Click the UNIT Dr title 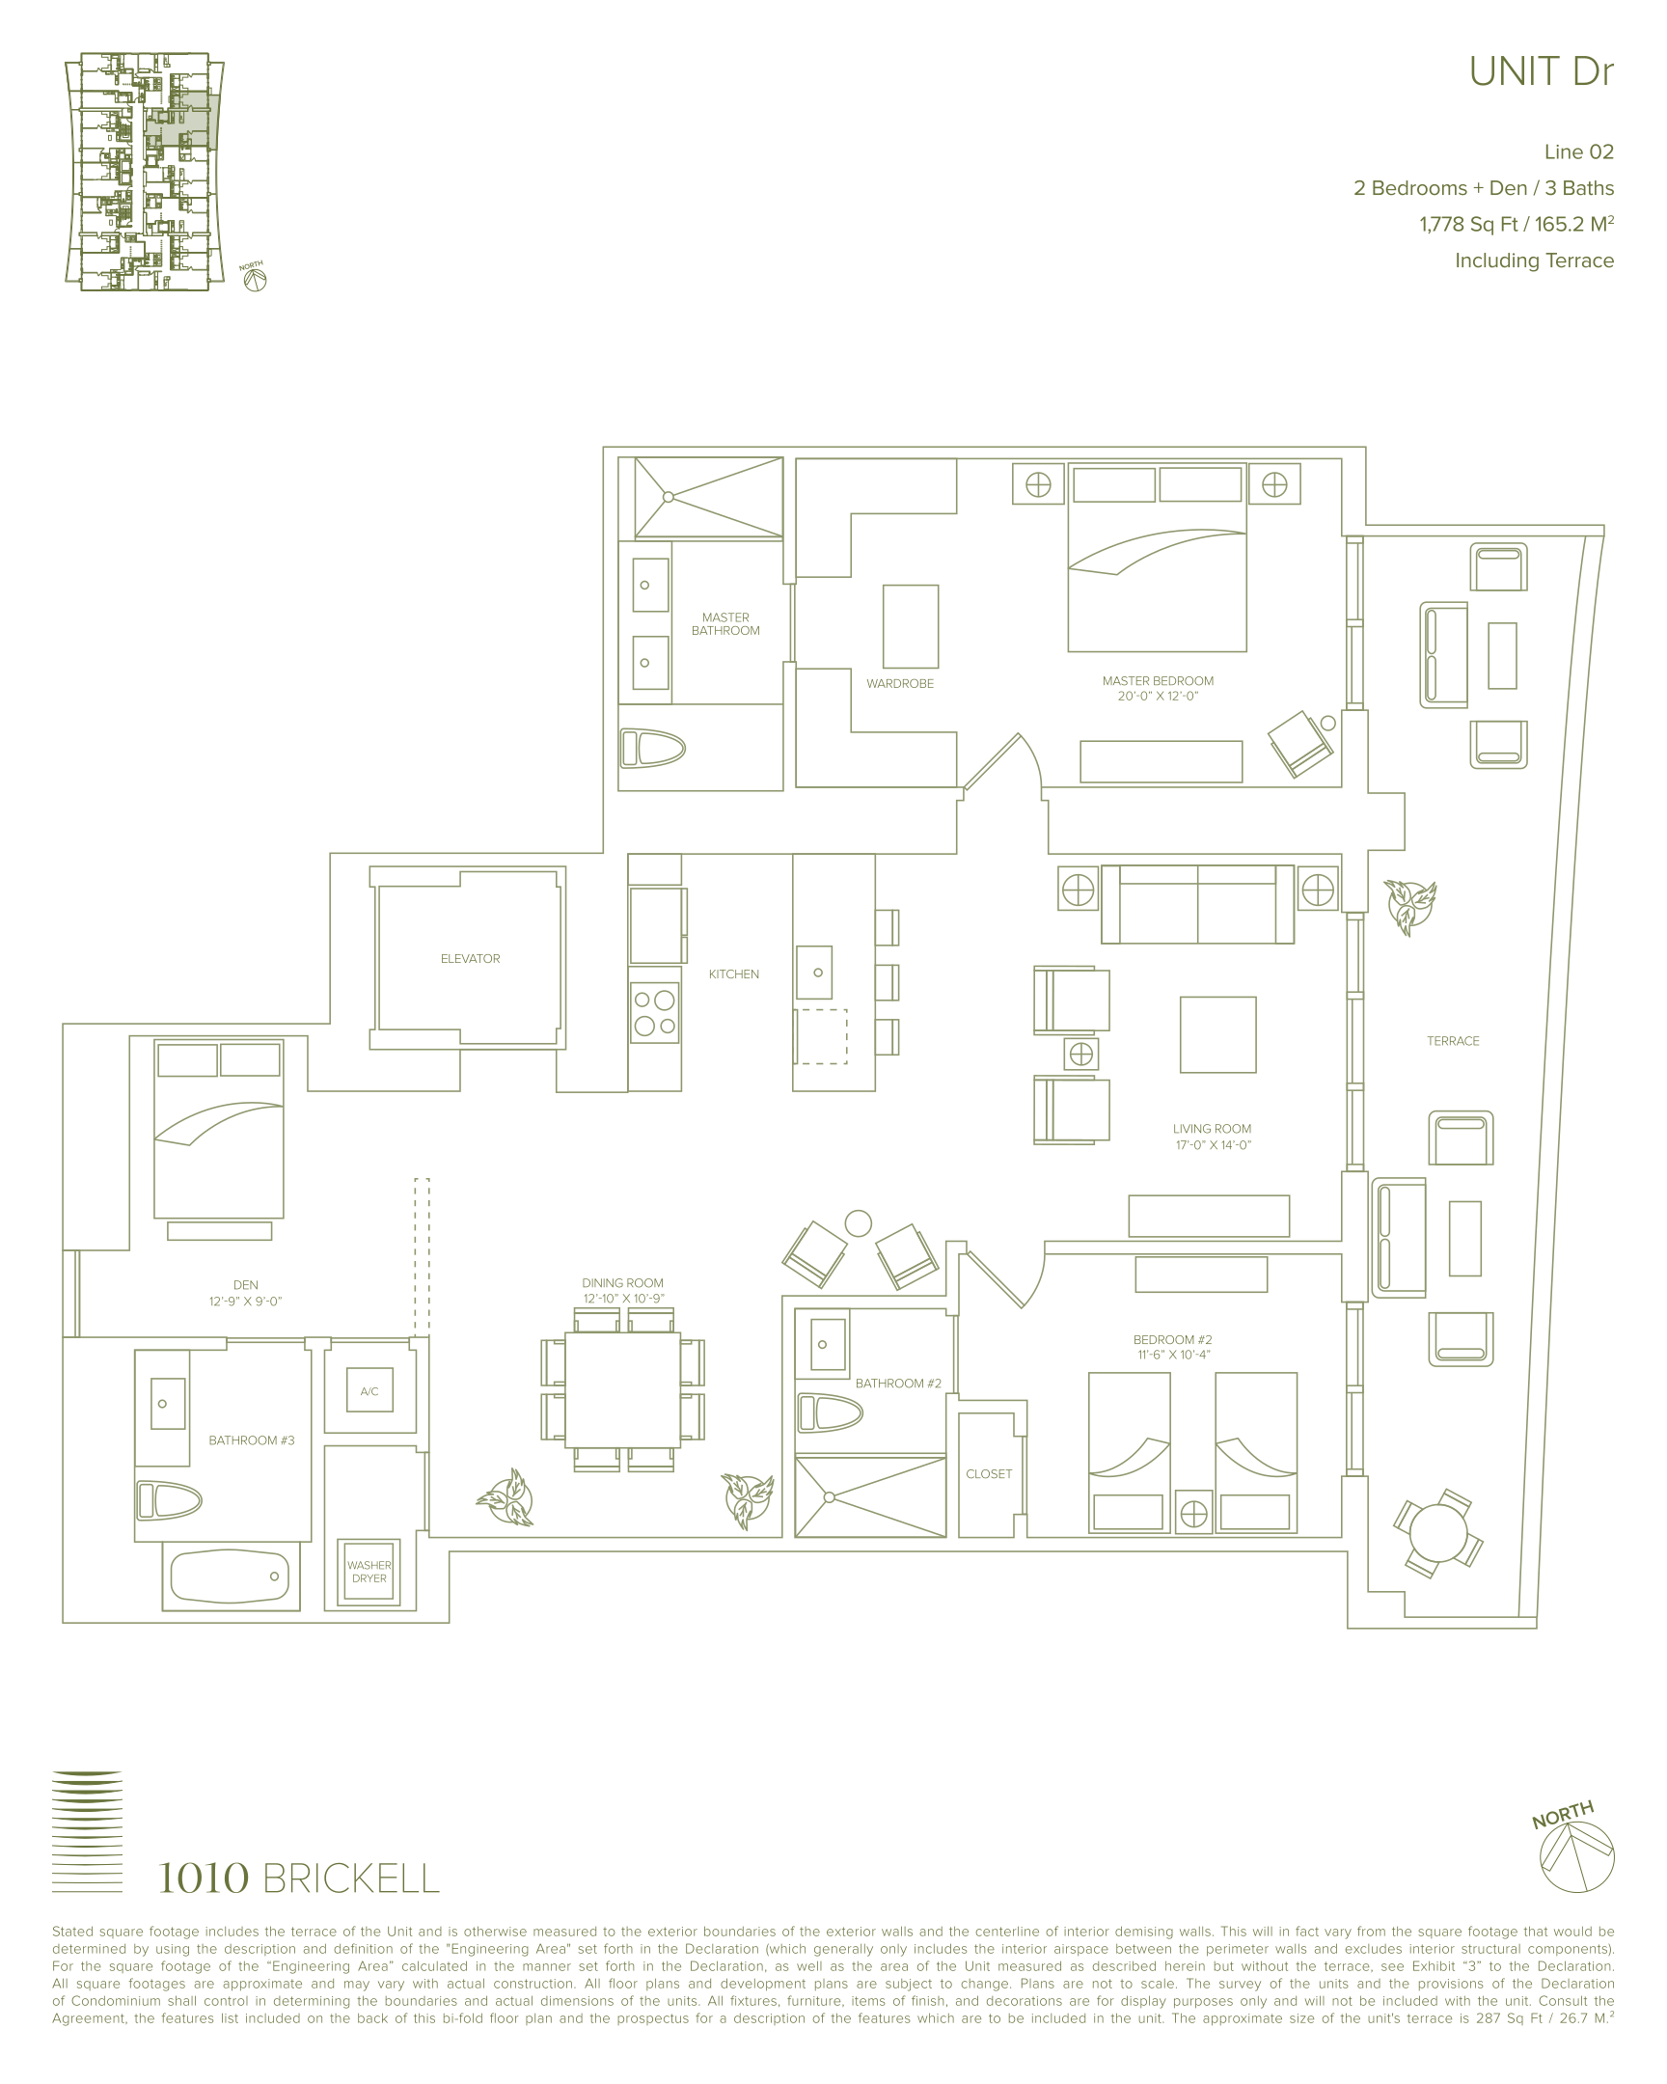(x=1541, y=72)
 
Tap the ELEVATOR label (x=470, y=959)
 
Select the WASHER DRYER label (x=369, y=1572)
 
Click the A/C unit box (x=369, y=1391)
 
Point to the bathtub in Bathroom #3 (x=230, y=1576)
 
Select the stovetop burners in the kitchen (x=654, y=1012)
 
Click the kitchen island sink (x=814, y=973)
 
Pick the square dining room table (x=622, y=1390)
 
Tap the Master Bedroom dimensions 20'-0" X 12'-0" (x=1158, y=696)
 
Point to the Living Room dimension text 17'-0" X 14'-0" (x=1212, y=1144)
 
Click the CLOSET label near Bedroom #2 (x=989, y=1474)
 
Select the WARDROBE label (x=900, y=683)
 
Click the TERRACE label (x=1453, y=1041)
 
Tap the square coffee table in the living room (x=1217, y=1034)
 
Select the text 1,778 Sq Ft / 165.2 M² (x=1517, y=224)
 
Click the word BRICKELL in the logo (x=351, y=1879)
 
